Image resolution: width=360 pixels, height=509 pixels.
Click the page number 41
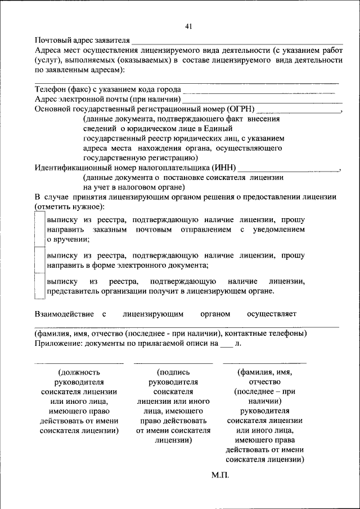tap(188, 26)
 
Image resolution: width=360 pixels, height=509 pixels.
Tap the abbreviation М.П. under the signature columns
tap(220, 475)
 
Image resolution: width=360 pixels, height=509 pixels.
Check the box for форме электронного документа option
tap(39, 259)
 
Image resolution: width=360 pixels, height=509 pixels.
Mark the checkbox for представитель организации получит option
tap(39, 286)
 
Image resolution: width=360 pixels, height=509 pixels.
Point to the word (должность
tap(79, 372)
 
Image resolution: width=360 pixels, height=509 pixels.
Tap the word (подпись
tap(173, 372)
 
